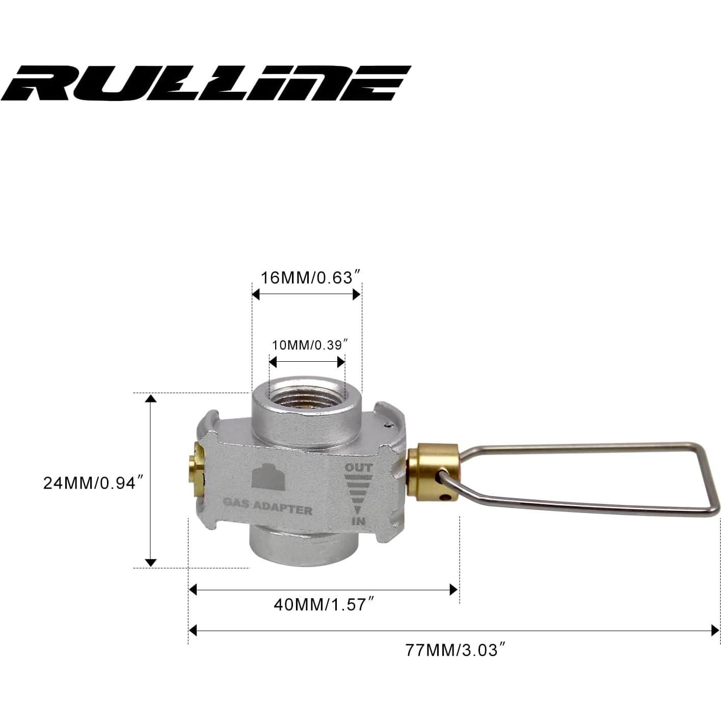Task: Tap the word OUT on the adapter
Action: click(359, 467)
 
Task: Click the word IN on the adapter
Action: click(358, 521)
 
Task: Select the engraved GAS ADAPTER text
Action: click(268, 509)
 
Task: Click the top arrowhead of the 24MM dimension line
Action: click(150, 398)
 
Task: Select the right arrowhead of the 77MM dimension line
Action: click(714, 631)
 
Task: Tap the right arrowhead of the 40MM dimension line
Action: click(453, 590)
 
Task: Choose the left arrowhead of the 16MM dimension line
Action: click(256, 295)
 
